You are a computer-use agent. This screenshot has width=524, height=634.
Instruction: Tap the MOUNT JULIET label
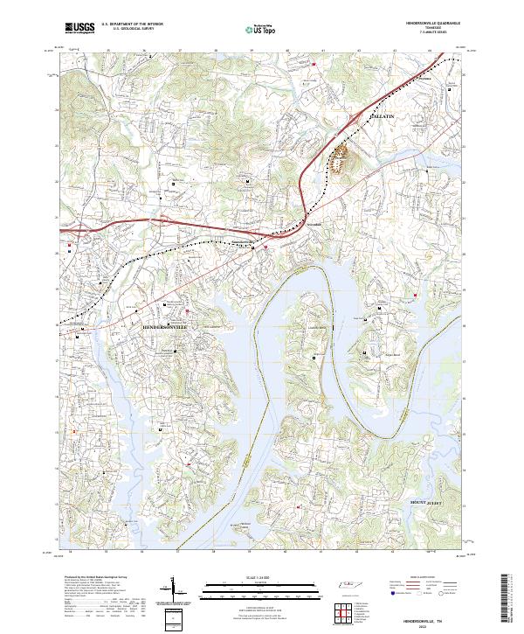click(429, 502)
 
